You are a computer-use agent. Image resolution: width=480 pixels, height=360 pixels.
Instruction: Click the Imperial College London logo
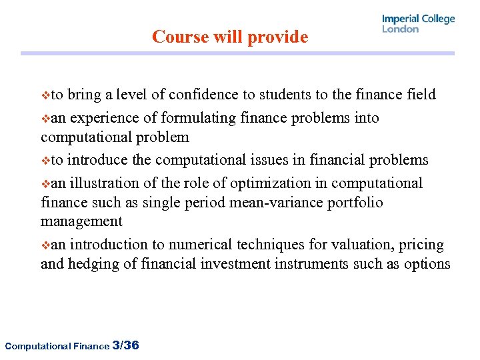click(x=418, y=23)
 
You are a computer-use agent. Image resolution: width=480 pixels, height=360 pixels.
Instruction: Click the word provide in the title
click(x=279, y=37)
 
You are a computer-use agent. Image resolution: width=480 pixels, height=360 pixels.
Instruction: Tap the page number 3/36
click(x=126, y=345)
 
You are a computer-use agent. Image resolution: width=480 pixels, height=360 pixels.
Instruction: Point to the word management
click(x=81, y=221)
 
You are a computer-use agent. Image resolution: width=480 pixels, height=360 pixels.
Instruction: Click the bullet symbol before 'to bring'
click(x=45, y=95)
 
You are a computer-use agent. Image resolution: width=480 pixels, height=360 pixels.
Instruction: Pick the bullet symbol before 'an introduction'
click(x=45, y=245)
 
